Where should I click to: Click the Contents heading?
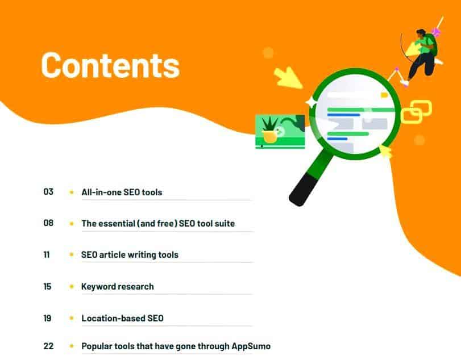click(x=110, y=65)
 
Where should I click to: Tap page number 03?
click(x=48, y=192)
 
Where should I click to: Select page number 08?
click(x=48, y=223)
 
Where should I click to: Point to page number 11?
click(x=47, y=254)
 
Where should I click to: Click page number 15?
click(x=47, y=286)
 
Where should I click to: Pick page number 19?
click(x=47, y=318)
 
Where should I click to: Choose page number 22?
click(x=48, y=345)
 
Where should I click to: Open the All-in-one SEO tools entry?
click(x=122, y=192)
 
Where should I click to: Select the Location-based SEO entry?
click(x=122, y=319)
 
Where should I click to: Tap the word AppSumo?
click(x=251, y=346)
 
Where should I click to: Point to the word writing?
click(x=142, y=255)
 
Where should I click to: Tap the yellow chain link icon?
click(x=416, y=112)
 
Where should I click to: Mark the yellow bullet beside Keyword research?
click(x=72, y=287)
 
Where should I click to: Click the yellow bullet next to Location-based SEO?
click(x=72, y=319)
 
